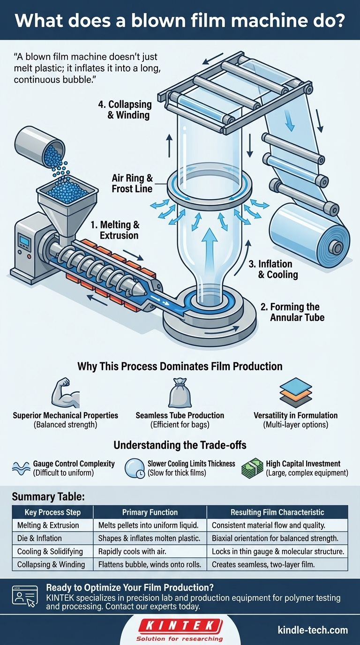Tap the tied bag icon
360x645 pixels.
(180, 392)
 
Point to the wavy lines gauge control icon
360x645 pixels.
(20, 468)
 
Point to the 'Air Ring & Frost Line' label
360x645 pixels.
(133, 183)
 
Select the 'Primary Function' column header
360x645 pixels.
(150, 512)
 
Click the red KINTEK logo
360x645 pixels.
(180, 625)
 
